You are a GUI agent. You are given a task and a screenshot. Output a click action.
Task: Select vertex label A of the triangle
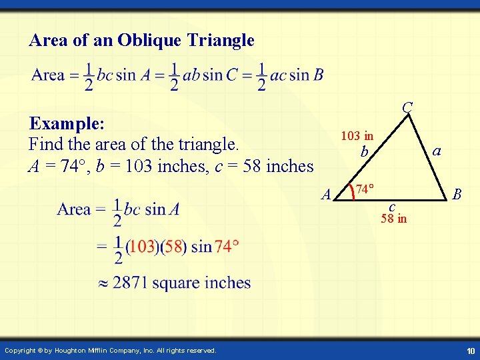(326, 195)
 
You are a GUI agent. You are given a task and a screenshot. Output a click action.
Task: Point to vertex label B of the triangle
(457, 194)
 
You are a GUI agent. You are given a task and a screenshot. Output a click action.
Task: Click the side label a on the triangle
(437, 151)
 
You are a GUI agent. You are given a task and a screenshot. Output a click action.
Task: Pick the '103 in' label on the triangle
(357, 136)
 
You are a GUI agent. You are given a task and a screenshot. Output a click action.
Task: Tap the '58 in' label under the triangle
(393, 219)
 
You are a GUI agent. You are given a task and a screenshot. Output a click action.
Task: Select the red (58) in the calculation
(173, 247)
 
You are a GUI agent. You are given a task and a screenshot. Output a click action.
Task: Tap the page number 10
(470, 351)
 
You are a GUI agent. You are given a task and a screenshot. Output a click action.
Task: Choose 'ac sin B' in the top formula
(297, 75)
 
